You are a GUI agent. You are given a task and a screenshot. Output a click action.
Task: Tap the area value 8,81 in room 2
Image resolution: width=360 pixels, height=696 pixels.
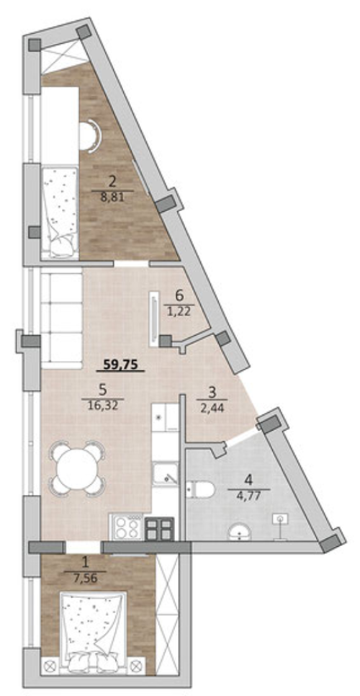tap(112, 197)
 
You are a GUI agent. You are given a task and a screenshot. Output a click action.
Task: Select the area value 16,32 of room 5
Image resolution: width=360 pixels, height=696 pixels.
tap(102, 406)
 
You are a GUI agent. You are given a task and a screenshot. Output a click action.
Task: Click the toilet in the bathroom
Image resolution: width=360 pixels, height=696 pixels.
tap(200, 489)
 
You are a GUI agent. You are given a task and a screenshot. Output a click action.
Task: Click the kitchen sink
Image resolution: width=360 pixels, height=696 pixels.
tap(165, 473)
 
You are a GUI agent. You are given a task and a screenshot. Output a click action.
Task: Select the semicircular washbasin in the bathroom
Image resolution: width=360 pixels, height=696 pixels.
tap(240, 532)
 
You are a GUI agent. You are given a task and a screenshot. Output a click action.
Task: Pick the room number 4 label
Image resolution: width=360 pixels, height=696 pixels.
tap(250, 480)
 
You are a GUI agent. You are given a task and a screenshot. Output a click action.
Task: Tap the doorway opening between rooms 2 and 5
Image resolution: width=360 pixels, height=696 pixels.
tap(131, 264)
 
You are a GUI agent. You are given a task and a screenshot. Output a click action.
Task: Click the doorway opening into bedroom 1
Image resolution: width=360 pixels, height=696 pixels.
tap(84, 547)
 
